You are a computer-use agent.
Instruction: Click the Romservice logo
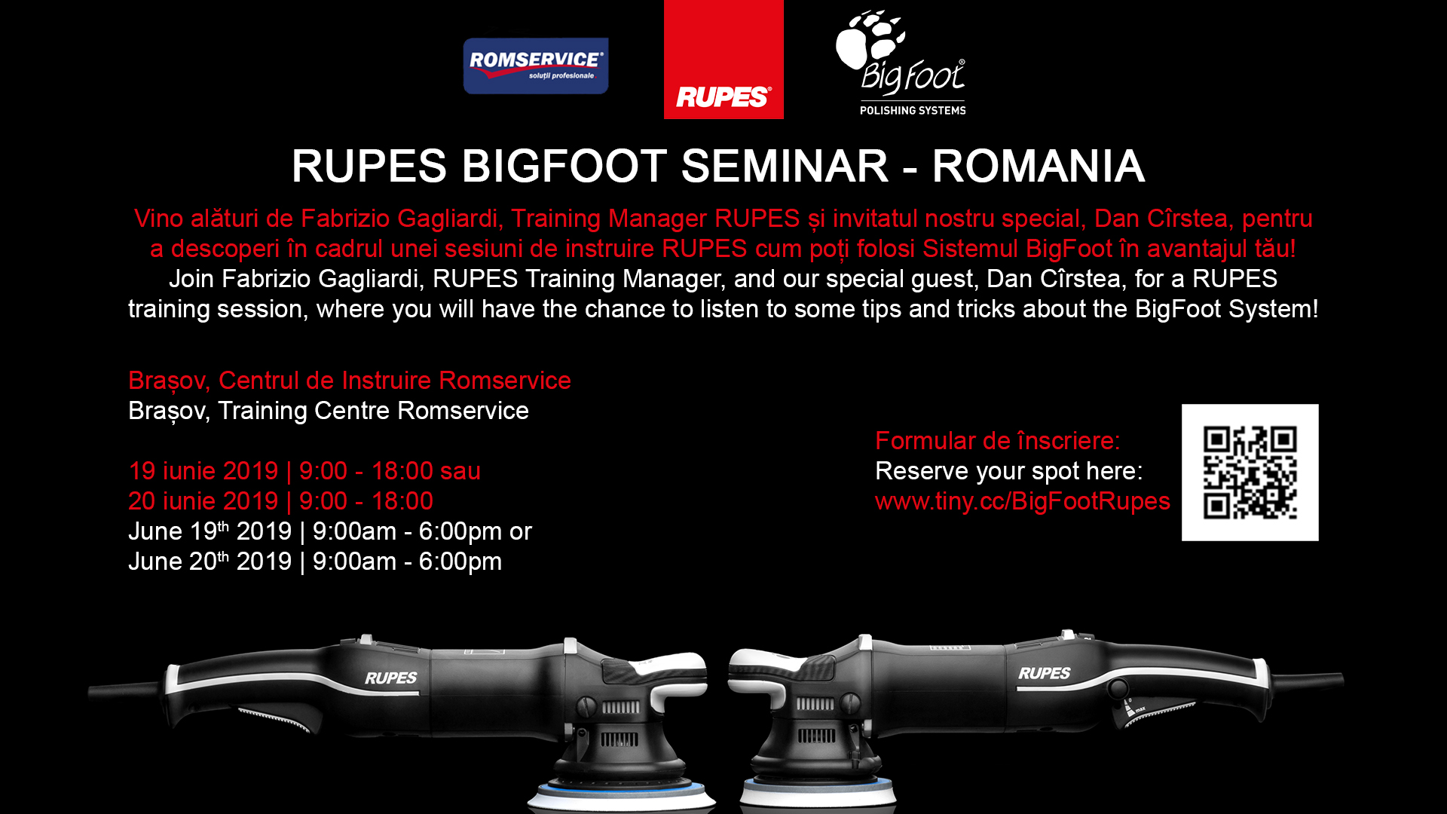(535, 66)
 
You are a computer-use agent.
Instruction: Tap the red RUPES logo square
(723, 60)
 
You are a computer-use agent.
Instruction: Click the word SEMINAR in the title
(785, 166)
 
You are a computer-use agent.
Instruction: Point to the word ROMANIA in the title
(1038, 166)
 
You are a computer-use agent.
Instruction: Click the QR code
(1250, 473)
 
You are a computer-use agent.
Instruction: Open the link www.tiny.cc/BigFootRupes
(1022, 501)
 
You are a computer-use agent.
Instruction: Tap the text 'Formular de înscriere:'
(997, 441)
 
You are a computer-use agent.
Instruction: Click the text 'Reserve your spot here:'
(1008, 471)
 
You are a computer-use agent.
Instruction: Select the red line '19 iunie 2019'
(203, 471)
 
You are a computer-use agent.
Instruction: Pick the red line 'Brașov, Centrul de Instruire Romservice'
(349, 381)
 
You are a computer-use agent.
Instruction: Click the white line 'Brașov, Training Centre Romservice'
(328, 411)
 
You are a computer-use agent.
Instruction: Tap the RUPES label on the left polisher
(390, 678)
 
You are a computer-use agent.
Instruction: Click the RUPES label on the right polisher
(1044, 673)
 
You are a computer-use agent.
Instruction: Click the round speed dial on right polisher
(1118, 687)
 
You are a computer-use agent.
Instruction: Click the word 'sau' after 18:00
(460, 471)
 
